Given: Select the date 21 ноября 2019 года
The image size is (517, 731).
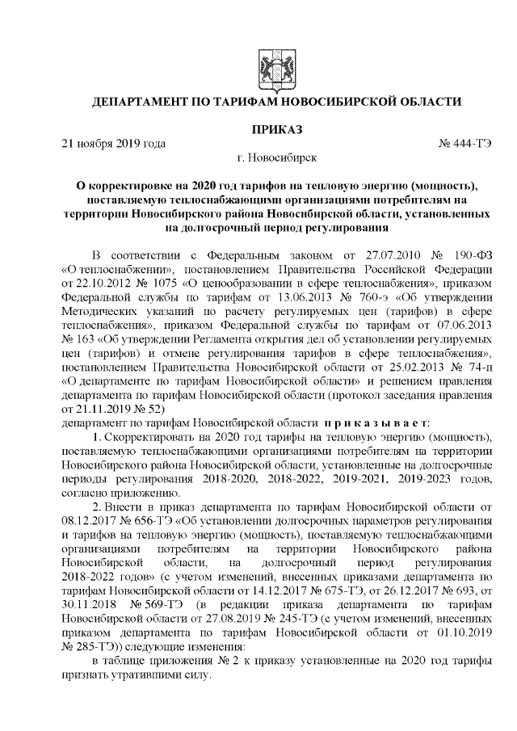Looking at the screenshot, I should click(114, 144).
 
